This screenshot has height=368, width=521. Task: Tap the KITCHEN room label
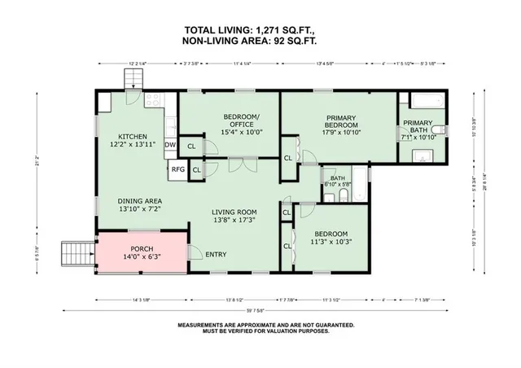[x=132, y=136]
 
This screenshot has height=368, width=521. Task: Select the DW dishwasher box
[x=170, y=146]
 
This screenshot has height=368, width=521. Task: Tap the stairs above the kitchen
[x=134, y=80]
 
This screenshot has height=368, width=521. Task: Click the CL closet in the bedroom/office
[x=191, y=147]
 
